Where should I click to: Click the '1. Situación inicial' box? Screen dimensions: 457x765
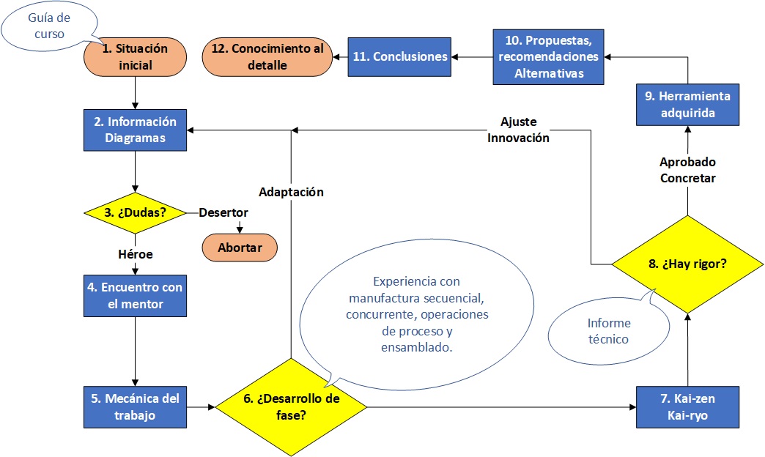tap(136, 57)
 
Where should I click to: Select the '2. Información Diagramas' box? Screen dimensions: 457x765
tap(136, 130)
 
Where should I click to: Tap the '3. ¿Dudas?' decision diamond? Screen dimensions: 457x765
tap(136, 213)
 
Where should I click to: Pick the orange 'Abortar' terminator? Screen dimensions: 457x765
tap(240, 248)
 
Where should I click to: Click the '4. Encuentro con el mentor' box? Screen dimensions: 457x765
tap(136, 294)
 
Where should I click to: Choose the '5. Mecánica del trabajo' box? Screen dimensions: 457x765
tap(136, 407)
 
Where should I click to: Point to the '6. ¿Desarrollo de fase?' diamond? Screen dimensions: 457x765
tap(292, 407)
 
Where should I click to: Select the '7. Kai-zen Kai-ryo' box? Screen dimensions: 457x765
tap(687, 407)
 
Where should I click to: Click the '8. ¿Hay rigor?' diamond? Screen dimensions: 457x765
tap(687, 264)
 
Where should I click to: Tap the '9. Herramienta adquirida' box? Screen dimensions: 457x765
tap(687, 105)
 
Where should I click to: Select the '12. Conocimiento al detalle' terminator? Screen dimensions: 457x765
tap(267, 56)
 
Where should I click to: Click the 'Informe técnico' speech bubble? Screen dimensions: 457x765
tap(608, 331)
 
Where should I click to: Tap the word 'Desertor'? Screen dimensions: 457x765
tap(223, 213)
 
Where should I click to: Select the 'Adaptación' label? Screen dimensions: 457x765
tap(291, 193)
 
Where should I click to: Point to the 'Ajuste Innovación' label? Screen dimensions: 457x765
tap(518, 130)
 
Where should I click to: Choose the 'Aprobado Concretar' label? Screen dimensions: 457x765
tap(687, 170)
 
